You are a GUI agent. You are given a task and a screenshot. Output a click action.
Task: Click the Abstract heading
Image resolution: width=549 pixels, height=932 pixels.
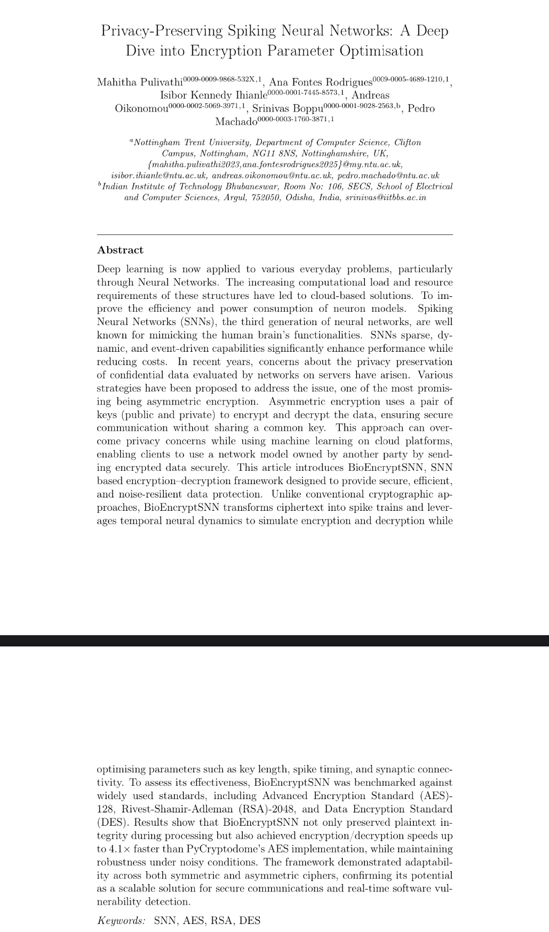coord(120,250)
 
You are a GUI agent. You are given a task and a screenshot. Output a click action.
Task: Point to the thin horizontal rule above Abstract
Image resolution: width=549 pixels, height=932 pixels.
coord(274,234)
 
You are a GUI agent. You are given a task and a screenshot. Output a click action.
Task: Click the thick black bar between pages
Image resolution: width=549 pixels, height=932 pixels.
coord(274,641)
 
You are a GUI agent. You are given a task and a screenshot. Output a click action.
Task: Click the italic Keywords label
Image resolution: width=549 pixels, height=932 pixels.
coord(121,920)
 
